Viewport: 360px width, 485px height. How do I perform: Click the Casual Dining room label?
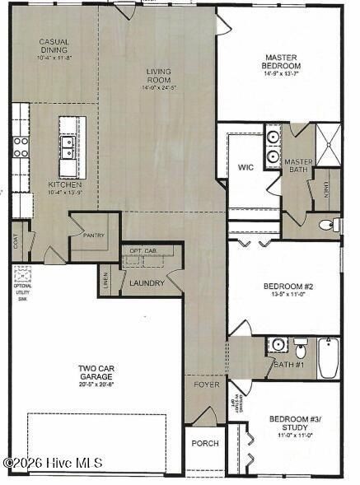tap(54, 49)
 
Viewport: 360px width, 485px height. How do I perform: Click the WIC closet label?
tap(245, 167)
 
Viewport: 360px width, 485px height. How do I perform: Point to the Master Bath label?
tap(298, 166)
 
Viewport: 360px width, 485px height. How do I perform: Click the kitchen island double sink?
tap(72, 147)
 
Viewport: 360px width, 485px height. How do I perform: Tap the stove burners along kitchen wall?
tap(20, 147)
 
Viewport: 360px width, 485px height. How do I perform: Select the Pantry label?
tap(93, 235)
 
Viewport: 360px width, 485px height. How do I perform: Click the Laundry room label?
tap(147, 283)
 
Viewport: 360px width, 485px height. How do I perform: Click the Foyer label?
tap(206, 385)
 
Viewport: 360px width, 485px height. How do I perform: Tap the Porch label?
tap(204, 443)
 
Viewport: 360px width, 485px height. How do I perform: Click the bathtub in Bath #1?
tap(329, 357)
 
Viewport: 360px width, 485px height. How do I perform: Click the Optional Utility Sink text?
tap(22, 291)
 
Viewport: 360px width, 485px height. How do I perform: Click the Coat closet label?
tap(16, 241)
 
